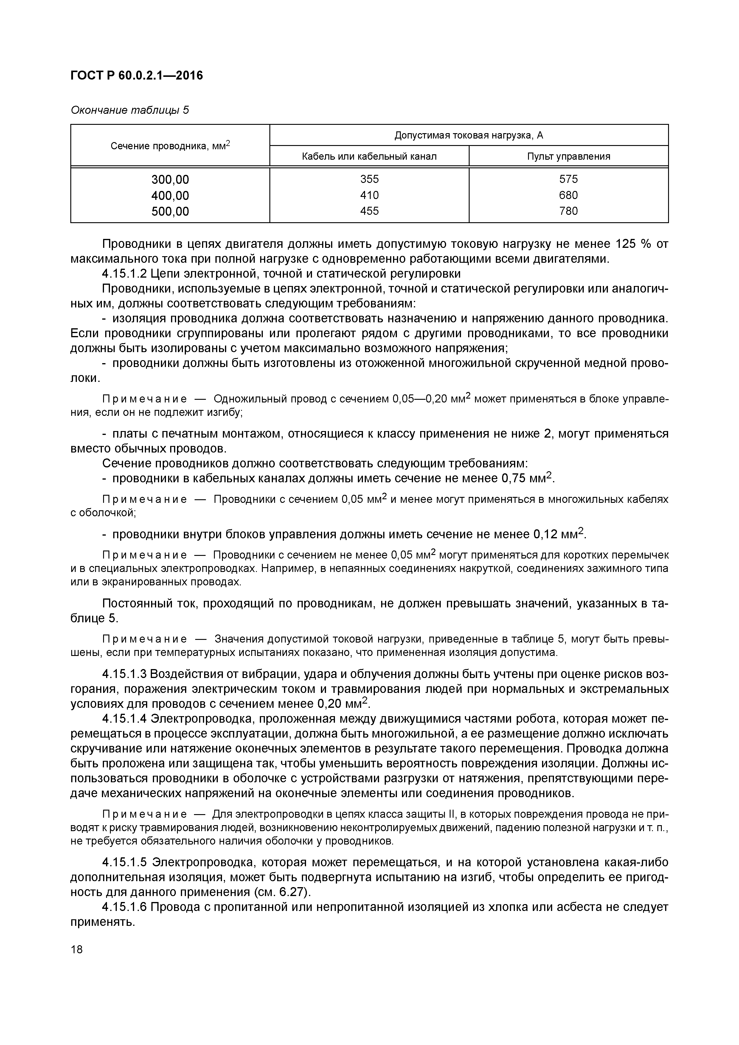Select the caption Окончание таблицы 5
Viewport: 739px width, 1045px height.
tap(129, 110)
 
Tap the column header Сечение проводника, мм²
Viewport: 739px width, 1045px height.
tap(170, 146)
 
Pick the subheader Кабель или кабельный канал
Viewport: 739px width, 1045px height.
tap(369, 157)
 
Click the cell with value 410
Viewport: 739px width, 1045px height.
tap(369, 195)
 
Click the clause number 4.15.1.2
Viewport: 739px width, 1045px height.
tap(124, 273)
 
